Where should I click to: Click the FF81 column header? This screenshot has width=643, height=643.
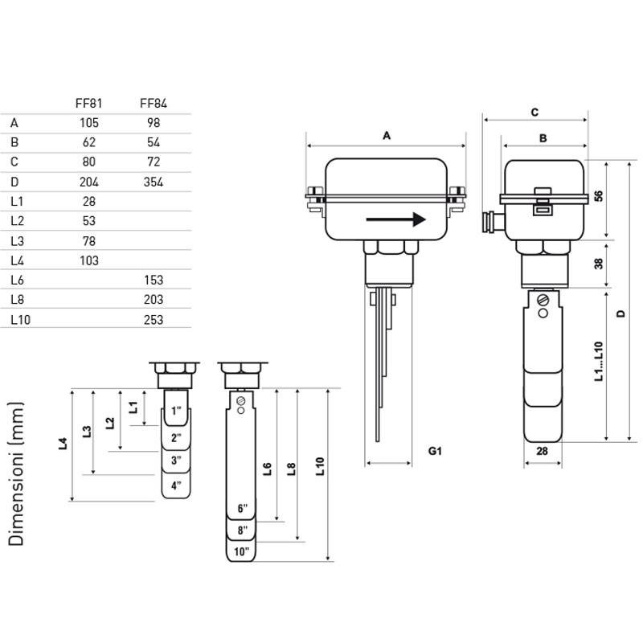[88, 103]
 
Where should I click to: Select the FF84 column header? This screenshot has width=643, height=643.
[154, 103]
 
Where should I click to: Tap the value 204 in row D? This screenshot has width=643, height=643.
[89, 182]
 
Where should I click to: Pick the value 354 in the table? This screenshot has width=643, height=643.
[154, 182]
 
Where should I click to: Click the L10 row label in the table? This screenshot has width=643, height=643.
[21, 319]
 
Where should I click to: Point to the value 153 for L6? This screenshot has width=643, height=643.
[154, 280]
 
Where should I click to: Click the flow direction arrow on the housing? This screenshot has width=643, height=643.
[395, 219]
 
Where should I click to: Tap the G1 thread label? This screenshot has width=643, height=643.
[435, 451]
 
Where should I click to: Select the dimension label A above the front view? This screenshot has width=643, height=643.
[387, 136]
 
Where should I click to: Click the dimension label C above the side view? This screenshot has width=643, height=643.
[534, 113]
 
